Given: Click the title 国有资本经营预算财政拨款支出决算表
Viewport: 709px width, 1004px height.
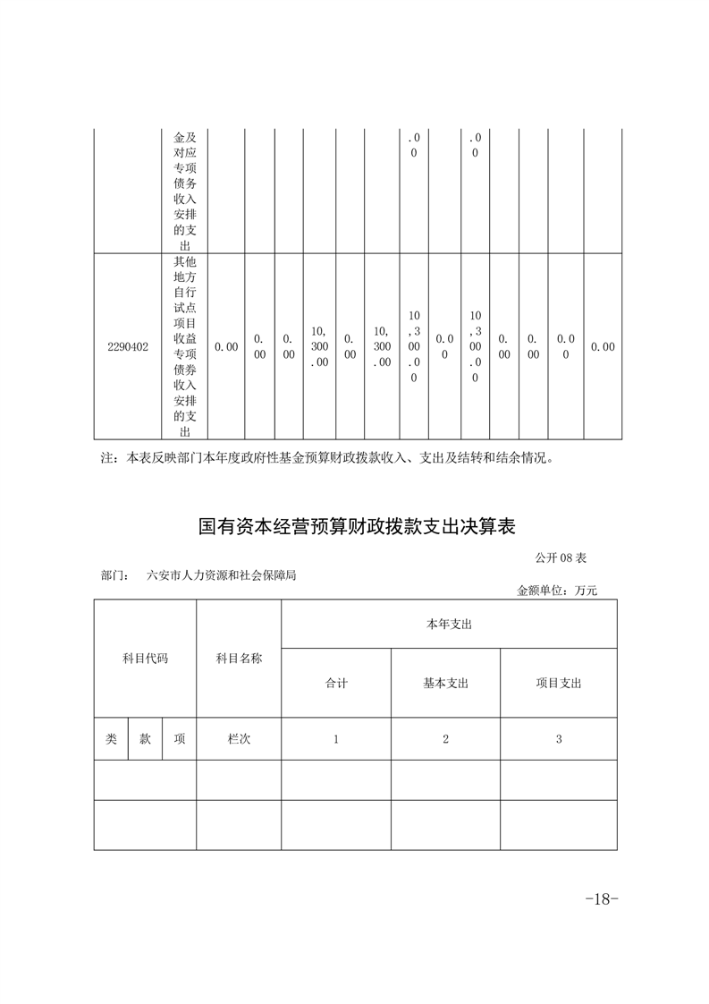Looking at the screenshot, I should pyautogui.click(x=358, y=526).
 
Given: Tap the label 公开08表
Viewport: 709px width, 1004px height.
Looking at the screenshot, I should pyautogui.click(x=561, y=557).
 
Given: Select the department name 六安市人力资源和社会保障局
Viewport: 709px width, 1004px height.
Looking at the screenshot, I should pyautogui.click(x=222, y=576).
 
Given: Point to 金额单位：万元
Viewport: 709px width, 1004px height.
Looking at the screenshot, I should pyautogui.click(x=556, y=591).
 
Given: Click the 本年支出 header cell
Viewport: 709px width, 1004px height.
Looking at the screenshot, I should pyautogui.click(x=449, y=625).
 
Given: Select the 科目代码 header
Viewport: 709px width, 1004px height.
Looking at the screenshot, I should pyautogui.click(x=145, y=659).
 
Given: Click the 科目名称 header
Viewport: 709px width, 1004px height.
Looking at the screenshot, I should pyautogui.click(x=239, y=659).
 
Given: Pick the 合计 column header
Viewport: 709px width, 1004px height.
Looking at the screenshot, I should pyautogui.click(x=336, y=683).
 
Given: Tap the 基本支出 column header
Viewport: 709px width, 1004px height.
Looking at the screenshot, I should pyautogui.click(x=445, y=683).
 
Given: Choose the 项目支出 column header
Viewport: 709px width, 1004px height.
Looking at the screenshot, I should pyautogui.click(x=559, y=683).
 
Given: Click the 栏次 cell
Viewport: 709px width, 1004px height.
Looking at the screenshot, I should pyautogui.click(x=239, y=739).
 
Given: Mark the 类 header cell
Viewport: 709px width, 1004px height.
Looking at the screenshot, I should pyautogui.click(x=111, y=739).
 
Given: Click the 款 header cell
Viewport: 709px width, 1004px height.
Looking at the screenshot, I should pyautogui.click(x=145, y=739).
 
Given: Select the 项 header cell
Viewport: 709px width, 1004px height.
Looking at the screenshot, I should pyautogui.click(x=180, y=739).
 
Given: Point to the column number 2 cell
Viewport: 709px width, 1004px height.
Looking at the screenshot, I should pyautogui.click(x=445, y=739).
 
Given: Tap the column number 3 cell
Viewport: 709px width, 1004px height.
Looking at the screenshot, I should pyautogui.click(x=559, y=739).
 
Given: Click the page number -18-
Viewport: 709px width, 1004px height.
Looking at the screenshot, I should pyautogui.click(x=601, y=899).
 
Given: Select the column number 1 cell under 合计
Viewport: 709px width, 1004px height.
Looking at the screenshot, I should pyautogui.click(x=336, y=739).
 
